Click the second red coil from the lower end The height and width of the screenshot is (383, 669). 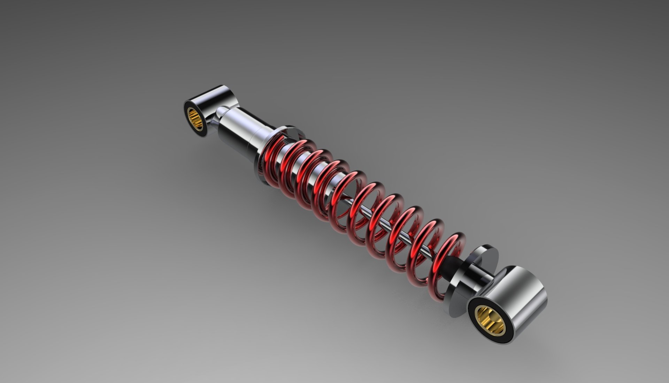423,244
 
